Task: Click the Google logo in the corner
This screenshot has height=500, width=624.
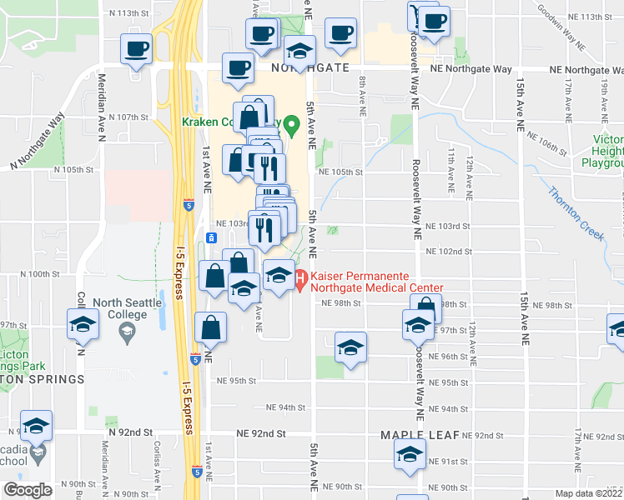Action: click(28, 490)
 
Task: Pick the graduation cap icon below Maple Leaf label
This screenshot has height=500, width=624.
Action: click(410, 455)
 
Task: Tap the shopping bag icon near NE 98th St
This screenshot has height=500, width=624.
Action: click(426, 308)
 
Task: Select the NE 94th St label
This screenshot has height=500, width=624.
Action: click(285, 408)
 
